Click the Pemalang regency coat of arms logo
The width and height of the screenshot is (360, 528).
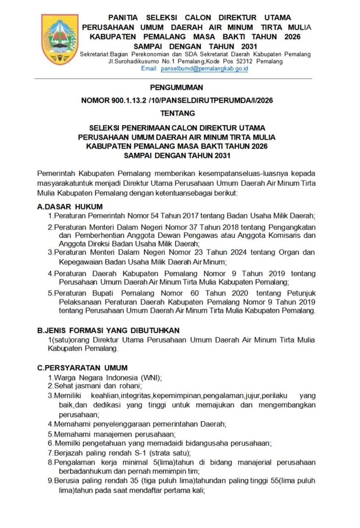(x=60, y=39)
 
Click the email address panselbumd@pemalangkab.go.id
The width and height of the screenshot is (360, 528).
(x=204, y=68)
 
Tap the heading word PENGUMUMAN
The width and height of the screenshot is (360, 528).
(x=177, y=88)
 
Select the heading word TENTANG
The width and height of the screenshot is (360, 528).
(x=177, y=113)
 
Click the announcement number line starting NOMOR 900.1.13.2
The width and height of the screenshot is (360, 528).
(x=177, y=100)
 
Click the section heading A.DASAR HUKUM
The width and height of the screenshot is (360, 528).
(x=70, y=207)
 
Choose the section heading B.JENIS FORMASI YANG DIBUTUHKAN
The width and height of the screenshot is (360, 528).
(x=108, y=330)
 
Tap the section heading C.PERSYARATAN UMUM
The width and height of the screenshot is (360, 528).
(x=82, y=368)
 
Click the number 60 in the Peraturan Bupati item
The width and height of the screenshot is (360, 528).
(x=195, y=293)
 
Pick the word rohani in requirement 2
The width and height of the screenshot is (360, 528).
(x=130, y=386)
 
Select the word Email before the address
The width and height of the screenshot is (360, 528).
(x=149, y=68)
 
